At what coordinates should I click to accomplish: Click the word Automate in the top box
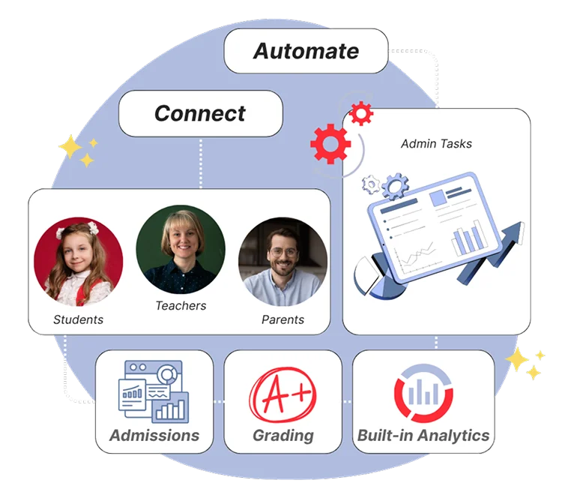click(306, 51)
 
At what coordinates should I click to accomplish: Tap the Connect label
click(200, 113)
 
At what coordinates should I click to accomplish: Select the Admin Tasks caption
click(436, 143)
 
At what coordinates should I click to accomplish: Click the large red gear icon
click(330, 143)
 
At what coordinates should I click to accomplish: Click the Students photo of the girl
click(79, 259)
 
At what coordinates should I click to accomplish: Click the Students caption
click(78, 319)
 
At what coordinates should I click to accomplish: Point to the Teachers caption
click(181, 305)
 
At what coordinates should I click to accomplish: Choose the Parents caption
click(282, 319)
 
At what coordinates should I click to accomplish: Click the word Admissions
click(154, 435)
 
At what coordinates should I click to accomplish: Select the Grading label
click(282, 435)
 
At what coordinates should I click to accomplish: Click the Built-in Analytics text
click(423, 435)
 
